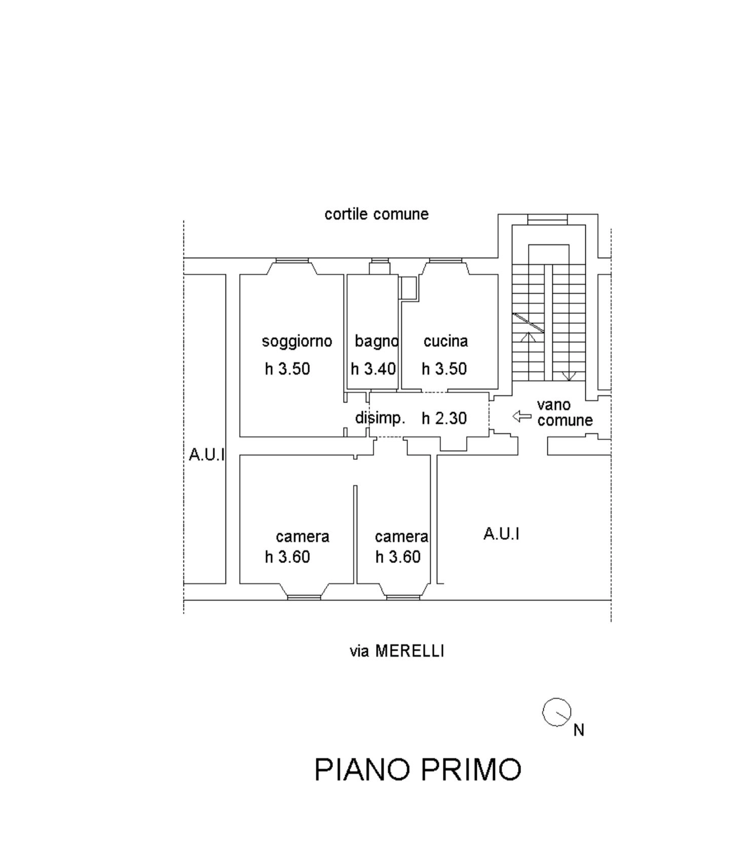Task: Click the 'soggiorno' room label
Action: click(x=297, y=342)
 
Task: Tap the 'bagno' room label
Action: click(x=376, y=342)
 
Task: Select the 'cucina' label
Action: click(x=445, y=341)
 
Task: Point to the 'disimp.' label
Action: click(x=380, y=418)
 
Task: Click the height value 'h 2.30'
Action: click(x=444, y=418)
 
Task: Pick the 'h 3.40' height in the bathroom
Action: click(x=373, y=369)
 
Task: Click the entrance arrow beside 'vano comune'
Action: click(x=522, y=417)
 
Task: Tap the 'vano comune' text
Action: click(x=565, y=412)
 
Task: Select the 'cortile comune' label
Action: click(x=376, y=214)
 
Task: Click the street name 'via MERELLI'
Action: click(x=397, y=651)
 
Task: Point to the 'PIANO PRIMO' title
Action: click(x=418, y=769)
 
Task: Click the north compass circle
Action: click(x=557, y=712)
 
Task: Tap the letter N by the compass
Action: click(x=579, y=730)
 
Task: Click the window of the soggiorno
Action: click(x=292, y=261)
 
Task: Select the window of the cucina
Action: click(x=445, y=261)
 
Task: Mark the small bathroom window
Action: click(x=380, y=261)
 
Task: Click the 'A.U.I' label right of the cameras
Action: click(x=502, y=534)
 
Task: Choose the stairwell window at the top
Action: click(x=548, y=219)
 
